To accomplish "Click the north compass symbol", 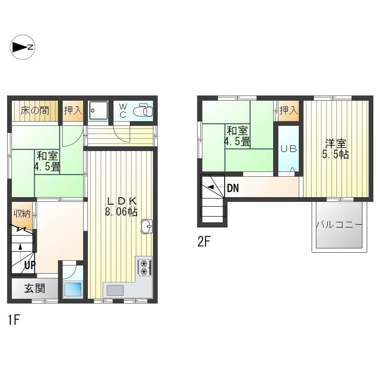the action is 22,47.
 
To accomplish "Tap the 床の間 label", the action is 35,111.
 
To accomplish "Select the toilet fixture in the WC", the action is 143,111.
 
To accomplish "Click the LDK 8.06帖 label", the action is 122,207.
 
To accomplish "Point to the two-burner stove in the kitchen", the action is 145,267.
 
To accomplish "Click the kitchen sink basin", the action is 115,290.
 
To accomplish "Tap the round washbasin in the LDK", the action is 146,227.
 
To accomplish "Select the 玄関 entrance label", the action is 35,289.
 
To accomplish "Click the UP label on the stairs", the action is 30,265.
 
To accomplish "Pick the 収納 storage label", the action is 22,213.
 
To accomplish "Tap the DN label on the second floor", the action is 233,188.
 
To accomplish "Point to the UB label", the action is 288,149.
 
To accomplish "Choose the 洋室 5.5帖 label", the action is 335,149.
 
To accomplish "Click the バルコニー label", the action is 339,225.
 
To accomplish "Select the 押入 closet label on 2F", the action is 288,111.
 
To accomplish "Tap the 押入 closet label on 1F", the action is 73,111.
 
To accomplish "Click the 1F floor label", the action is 14,319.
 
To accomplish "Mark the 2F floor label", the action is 204,241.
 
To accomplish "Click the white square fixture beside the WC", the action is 98,111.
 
